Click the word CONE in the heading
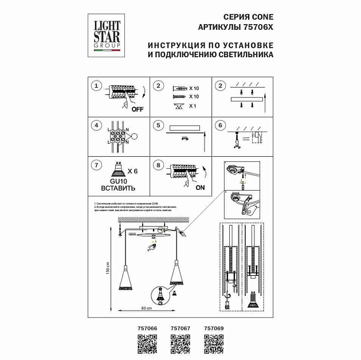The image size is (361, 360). click(x=261, y=17)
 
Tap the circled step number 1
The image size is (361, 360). click(x=96, y=86)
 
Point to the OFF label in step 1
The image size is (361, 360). click(x=137, y=109)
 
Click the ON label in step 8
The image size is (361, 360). click(x=200, y=187)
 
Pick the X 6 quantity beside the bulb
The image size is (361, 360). click(x=132, y=171)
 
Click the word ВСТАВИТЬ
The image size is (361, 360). click(x=118, y=188)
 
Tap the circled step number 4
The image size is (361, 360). click(x=96, y=125)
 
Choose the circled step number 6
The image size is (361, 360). click(x=220, y=125)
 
